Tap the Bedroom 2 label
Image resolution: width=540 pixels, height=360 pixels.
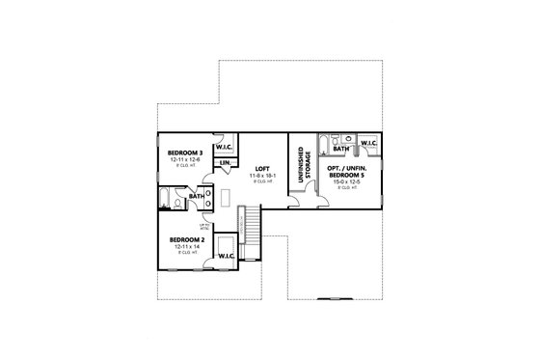coord(182,239)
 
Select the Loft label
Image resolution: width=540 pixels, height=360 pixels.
coord(262,169)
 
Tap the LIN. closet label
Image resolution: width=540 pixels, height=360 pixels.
coord(224,163)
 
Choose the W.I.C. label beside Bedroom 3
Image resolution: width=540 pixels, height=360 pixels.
coord(225,148)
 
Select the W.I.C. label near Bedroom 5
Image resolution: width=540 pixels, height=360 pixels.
coord(369,143)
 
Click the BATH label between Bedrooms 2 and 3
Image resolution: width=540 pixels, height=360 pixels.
coord(196,196)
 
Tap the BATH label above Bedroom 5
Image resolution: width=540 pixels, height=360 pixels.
coord(340,149)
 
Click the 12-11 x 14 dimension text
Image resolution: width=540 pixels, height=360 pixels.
coord(182,247)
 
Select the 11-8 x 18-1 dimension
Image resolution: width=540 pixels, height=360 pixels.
coord(262,176)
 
